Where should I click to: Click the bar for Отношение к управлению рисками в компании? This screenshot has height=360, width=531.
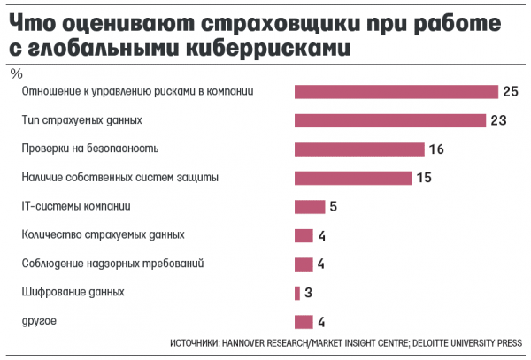pos(396,91)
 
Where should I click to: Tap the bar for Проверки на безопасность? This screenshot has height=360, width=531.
pos(358,149)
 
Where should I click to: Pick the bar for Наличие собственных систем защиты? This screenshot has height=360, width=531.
pos(352,178)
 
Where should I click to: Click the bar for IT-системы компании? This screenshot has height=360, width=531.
pos(310,207)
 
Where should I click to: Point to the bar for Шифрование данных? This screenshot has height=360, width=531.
pos(297,293)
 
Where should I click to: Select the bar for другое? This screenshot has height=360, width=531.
pos(304,322)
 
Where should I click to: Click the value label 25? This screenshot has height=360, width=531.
pos(510,91)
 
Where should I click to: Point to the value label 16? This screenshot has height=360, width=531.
pos(435,149)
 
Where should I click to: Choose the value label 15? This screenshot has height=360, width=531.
pos(423,178)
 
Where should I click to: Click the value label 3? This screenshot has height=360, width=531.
pos(310,293)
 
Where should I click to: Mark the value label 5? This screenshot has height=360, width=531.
pos(334,207)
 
